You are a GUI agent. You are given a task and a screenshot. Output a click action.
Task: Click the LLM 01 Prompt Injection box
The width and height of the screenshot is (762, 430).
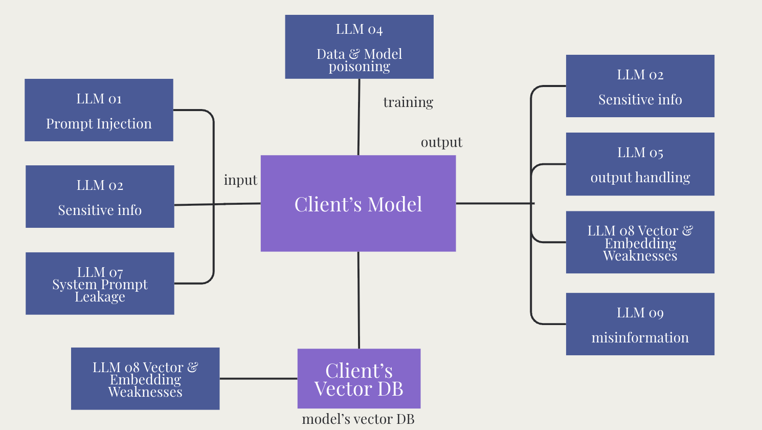tap(99, 110)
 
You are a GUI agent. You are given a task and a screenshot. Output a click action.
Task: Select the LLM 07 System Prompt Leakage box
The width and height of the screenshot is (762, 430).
tap(100, 284)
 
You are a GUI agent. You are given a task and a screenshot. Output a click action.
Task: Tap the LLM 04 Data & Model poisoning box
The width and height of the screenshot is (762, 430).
tap(359, 47)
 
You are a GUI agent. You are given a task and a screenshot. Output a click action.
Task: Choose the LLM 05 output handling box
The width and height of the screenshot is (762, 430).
tap(640, 164)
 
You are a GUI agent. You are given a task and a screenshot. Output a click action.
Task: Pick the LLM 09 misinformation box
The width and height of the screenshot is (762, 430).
tap(640, 324)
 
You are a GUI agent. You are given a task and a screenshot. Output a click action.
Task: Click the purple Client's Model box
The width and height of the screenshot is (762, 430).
tap(358, 204)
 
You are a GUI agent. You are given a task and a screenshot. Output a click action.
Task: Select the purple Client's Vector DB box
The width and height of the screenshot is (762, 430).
tap(359, 379)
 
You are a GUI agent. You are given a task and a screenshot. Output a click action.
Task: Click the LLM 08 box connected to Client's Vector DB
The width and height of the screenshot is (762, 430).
tap(145, 379)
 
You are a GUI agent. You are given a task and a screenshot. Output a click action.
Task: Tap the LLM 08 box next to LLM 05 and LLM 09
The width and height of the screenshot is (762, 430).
tap(640, 242)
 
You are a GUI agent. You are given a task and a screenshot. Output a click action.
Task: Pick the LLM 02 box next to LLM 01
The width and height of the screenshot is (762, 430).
tap(100, 197)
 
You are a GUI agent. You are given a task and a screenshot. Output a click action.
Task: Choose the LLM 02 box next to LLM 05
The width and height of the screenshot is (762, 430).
tap(640, 86)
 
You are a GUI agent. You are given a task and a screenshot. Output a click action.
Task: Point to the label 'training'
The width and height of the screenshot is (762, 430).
tap(408, 102)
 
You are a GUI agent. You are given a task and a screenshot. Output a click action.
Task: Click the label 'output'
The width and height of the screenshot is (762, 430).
tap(441, 142)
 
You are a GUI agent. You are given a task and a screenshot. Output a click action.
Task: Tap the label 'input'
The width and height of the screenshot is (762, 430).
tap(240, 180)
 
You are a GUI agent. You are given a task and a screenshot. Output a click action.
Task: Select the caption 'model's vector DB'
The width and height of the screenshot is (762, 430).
tap(358, 419)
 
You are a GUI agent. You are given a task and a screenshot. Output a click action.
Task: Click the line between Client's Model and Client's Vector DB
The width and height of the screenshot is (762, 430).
tap(358, 300)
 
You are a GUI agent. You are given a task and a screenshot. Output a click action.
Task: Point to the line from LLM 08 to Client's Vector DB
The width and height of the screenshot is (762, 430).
tap(258, 379)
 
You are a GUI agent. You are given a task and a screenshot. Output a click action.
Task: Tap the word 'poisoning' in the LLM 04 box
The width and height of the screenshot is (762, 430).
tap(359, 67)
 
